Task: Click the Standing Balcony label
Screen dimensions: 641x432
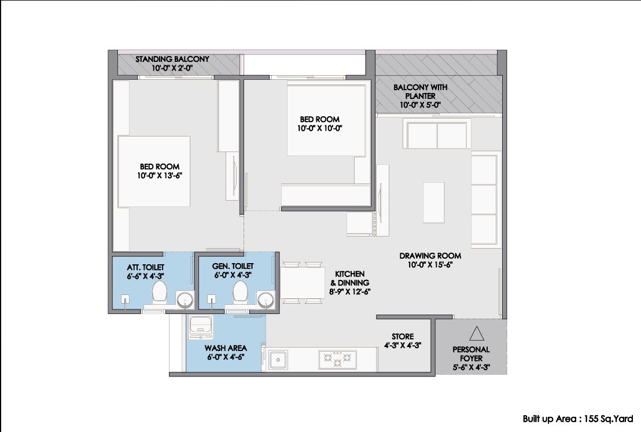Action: (x=172, y=59)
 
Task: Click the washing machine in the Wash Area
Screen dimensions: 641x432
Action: (x=200, y=327)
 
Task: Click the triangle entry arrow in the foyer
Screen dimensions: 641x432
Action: (x=477, y=334)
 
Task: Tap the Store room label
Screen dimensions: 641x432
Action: (x=403, y=337)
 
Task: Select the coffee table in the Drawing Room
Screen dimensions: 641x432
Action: (x=433, y=202)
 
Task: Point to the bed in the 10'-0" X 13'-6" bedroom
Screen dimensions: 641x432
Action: (x=154, y=172)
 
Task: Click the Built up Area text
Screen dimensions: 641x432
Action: (x=578, y=419)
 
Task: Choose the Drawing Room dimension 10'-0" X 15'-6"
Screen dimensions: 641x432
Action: (x=430, y=264)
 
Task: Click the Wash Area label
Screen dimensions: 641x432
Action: (x=226, y=348)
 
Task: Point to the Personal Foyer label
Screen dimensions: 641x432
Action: (x=471, y=354)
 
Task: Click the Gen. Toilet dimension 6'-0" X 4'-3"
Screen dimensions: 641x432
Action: (x=233, y=275)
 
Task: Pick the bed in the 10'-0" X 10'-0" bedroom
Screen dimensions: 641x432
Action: (x=326, y=120)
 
